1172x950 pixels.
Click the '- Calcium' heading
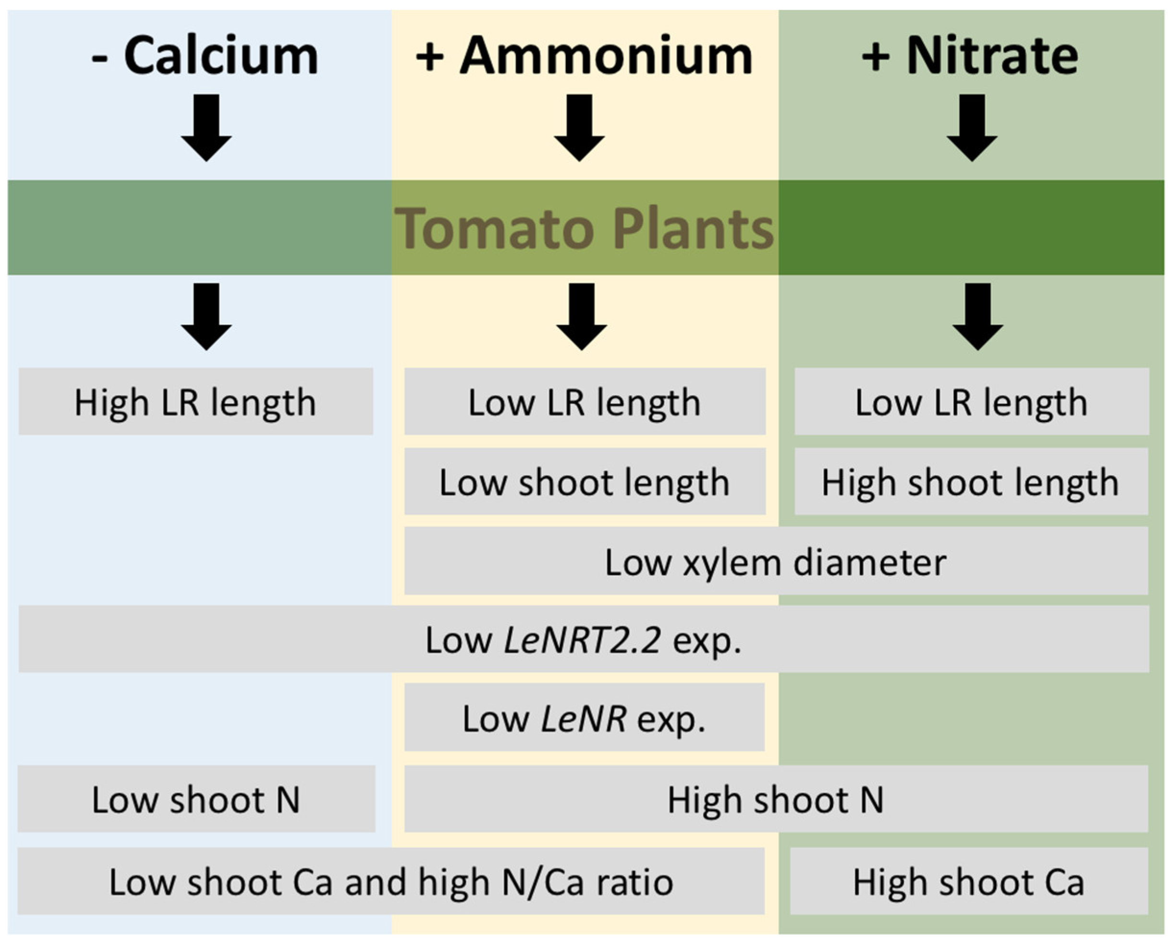tap(205, 56)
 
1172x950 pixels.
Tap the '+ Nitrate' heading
tap(970, 56)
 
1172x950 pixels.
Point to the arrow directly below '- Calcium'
tap(206, 127)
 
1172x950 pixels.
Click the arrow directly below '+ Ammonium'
tap(579, 127)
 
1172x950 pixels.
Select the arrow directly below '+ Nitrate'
tap(972, 127)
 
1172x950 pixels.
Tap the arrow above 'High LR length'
tap(206, 317)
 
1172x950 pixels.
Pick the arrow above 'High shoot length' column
tap(978, 317)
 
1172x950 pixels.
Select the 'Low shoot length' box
tap(585, 482)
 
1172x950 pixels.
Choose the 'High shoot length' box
tap(971, 482)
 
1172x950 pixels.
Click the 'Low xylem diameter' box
tap(776, 561)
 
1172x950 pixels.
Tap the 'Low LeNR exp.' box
tap(585, 719)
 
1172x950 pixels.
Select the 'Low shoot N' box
tap(196, 800)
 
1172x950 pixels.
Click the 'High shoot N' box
tap(776, 800)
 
